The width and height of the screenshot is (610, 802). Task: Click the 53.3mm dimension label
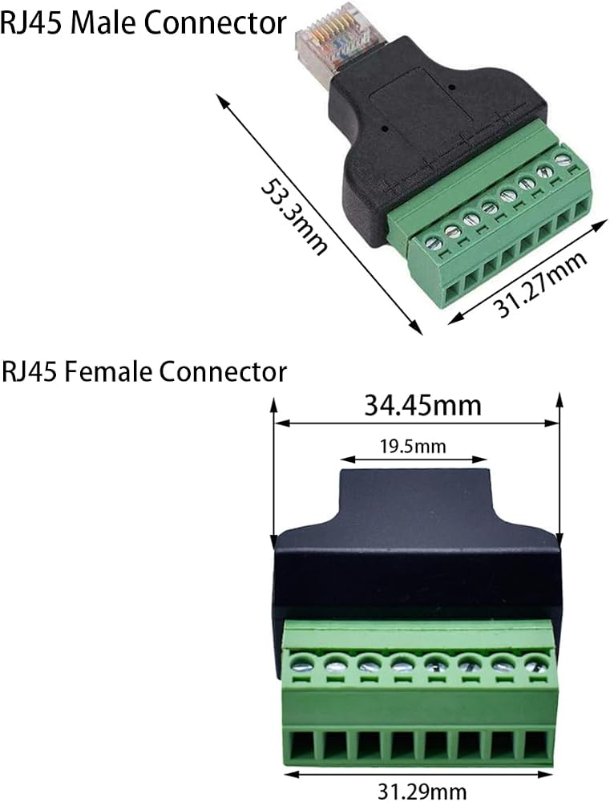tap(294, 216)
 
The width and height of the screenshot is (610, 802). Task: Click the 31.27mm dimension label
tap(540, 285)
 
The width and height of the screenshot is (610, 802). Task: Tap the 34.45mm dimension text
tap(423, 405)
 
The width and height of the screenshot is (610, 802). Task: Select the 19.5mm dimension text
tap(413, 447)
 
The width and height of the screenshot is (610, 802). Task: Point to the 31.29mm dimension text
tap(422, 792)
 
